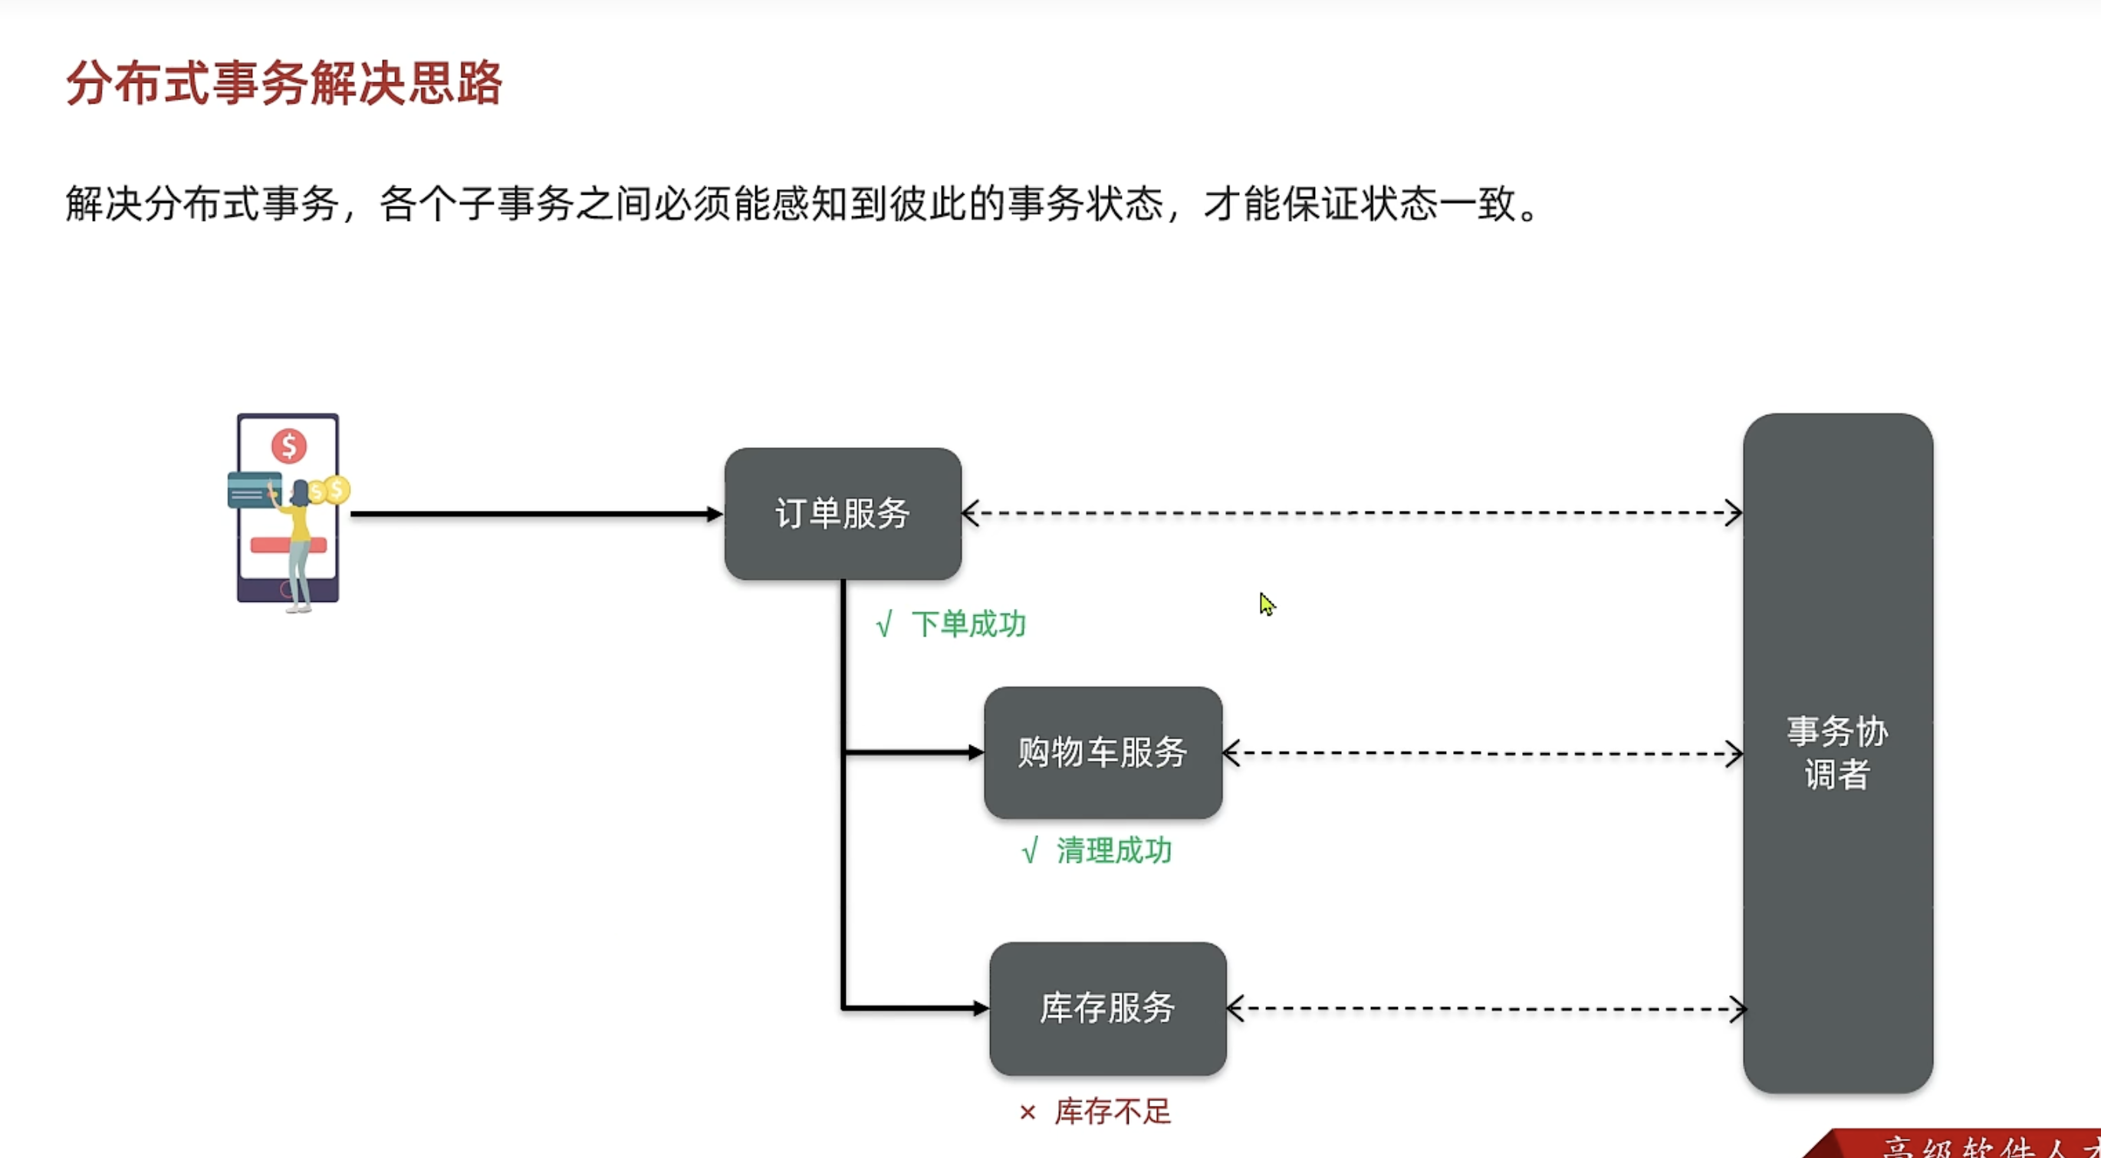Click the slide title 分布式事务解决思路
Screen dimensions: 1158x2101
(x=284, y=83)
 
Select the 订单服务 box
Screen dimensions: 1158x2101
(x=843, y=514)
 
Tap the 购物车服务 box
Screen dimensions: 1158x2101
(x=1103, y=752)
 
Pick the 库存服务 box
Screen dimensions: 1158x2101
(x=1107, y=1008)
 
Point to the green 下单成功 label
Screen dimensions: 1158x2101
(x=968, y=625)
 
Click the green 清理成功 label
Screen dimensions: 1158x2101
(x=1114, y=851)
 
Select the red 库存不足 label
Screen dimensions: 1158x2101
(x=1113, y=1111)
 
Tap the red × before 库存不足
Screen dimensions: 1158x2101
(x=1027, y=1112)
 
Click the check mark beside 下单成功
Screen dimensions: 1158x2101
(x=884, y=626)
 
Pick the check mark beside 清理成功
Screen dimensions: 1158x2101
(x=1030, y=851)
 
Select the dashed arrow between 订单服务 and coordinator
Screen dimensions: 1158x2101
(x=1351, y=514)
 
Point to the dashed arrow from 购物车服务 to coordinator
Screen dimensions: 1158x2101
(x=1482, y=753)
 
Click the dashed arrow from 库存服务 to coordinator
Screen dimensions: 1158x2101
(x=1485, y=1008)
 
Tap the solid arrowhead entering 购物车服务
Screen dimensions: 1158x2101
(x=975, y=752)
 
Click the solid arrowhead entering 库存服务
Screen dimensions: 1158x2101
(x=981, y=1008)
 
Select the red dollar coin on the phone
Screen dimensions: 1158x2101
(x=289, y=446)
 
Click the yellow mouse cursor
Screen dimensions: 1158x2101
(x=1266, y=604)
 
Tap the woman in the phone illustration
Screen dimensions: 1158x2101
(x=298, y=542)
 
